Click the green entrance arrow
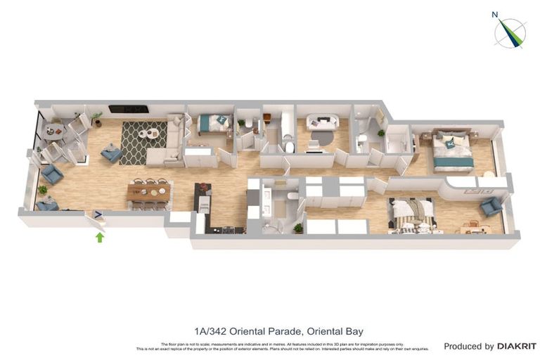click(x=100, y=238)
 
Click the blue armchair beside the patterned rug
click(x=111, y=153)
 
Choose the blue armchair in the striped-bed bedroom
click(x=491, y=206)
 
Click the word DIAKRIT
click(x=517, y=346)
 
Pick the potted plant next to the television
click(x=96, y=117)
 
